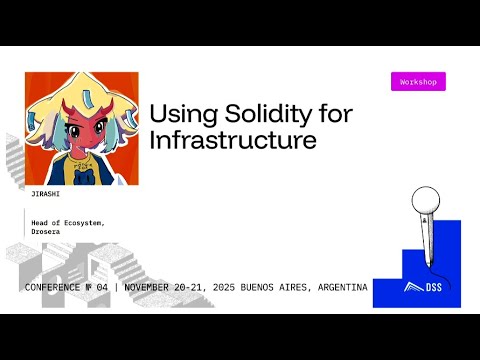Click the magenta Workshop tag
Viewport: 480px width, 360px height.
tap(418, 82)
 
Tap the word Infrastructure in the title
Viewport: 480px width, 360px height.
tap(233, 140)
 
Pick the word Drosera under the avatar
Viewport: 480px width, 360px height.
tap(48, 231)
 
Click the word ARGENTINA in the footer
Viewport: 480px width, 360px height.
tap(337, 287)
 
